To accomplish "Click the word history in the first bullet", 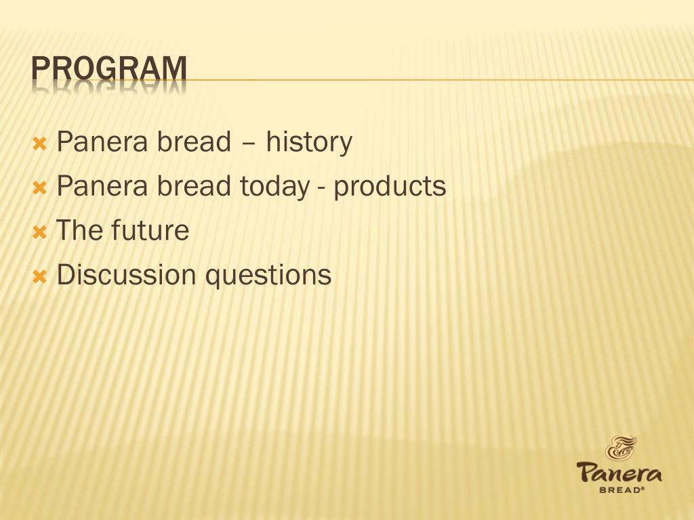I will pyautogui.click(x=309, y=142).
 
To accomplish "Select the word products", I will pyautogui.click(x=390, y=186).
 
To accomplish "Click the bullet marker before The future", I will pyautogui.click(x=39, y=232).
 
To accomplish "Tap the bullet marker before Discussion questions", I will pyautogui.click(x=39, y=276).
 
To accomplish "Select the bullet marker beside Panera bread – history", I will pyautogui.click(x=39, y=144).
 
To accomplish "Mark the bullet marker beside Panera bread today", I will pyautogui.click(x=39, y=188).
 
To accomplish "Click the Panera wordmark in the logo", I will pyautogui.click(x=619, y=472).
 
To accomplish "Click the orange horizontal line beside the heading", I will pyautogui.click(x=441, y=80).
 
